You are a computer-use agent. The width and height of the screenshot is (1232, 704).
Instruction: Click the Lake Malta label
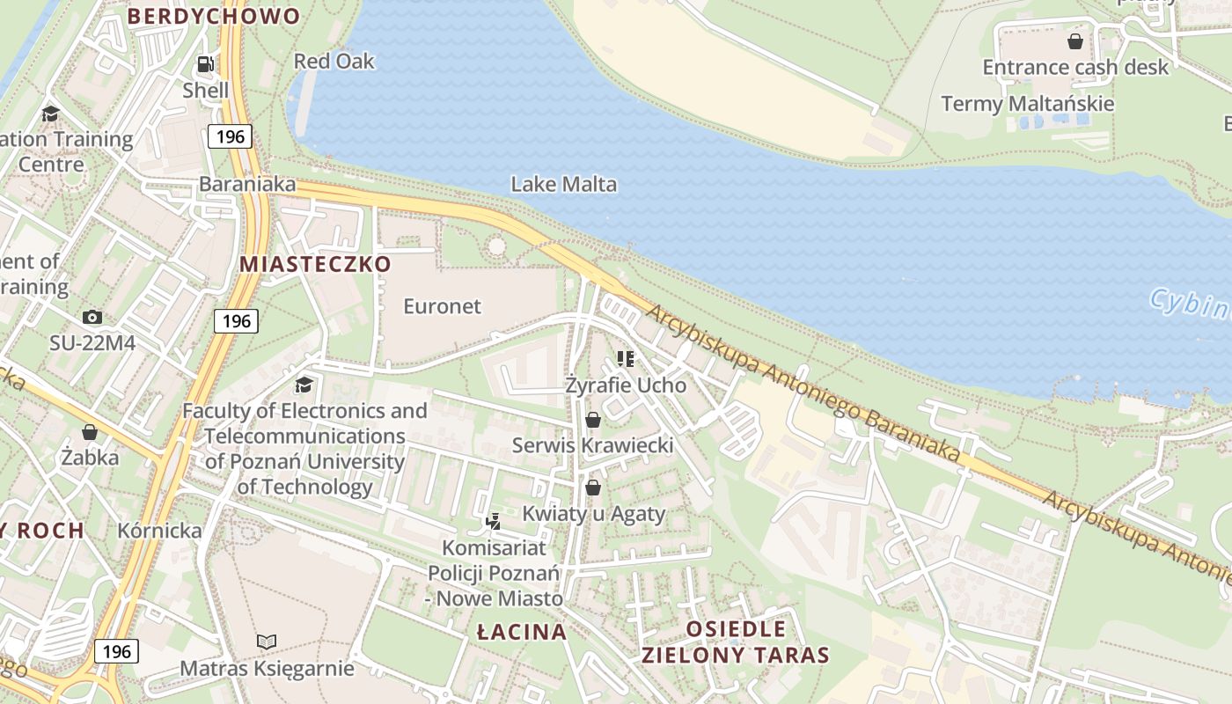point(563,185)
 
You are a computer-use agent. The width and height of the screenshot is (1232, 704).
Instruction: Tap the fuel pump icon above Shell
point(206,64)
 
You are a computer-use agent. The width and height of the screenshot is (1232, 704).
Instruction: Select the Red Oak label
point(334,62)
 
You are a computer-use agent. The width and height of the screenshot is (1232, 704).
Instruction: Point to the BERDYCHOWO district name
point(214,16)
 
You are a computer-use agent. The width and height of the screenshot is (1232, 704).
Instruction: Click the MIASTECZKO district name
point(315,264)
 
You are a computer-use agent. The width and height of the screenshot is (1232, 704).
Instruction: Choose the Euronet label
point(442,306)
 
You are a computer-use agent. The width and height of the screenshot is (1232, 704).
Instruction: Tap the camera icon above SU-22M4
point(92,317)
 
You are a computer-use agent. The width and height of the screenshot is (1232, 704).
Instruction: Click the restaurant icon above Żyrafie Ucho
point(626,359)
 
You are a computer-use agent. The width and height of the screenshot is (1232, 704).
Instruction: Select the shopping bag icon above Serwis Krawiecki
point(593,420)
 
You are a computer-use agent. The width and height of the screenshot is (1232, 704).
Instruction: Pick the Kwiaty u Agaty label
point(593,514)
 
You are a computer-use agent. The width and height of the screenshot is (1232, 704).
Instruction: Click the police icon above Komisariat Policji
point(494,521)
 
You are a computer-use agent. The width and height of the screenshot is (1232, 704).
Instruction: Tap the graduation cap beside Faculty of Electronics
point(304,385)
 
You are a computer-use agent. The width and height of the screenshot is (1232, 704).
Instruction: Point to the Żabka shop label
point(90,457)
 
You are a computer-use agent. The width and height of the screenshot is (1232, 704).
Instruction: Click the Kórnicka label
point(159,531)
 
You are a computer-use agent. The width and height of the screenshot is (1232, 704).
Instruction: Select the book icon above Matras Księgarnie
point(267,642)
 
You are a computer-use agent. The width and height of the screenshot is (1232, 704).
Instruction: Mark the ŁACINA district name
point(522,632)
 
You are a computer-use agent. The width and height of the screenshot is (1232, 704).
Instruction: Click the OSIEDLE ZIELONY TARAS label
point(735,642)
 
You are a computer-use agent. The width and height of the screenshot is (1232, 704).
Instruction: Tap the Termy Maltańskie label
point(1027,104)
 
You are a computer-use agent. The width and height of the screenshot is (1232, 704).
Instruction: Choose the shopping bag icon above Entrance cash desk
point(1074,41)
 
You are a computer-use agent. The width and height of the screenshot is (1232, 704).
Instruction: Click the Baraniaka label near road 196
point(247,185)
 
